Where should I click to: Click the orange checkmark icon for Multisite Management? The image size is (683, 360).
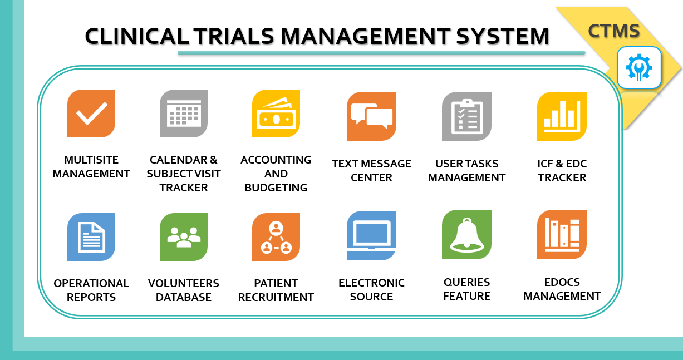pos(91,114)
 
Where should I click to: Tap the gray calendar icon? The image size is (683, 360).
pos(184,114)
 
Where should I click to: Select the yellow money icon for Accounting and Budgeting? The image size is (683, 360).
pos(276,114)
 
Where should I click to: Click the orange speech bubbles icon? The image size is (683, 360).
pos(371,116)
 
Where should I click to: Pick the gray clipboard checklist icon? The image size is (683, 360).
pos(466,116)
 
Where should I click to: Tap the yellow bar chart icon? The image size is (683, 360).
pos(562,116)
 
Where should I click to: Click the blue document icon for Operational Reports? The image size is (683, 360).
pos(91,237)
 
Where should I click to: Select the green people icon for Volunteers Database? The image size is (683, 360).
pos(184,237)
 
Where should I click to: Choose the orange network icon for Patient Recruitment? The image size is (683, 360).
pos(276,237)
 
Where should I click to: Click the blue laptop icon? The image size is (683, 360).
pos(371,236)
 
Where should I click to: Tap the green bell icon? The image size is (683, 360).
pos(466,235)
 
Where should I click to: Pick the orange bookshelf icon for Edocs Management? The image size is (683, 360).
pos(562,235)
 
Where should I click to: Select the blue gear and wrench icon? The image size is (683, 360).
pos(639,68)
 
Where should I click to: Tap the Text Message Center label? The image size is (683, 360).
pos(371,171)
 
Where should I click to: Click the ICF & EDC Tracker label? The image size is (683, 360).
pos(562,171)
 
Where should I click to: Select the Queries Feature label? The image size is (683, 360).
pos(466,289)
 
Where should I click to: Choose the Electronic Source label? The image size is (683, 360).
pos(371,289)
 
